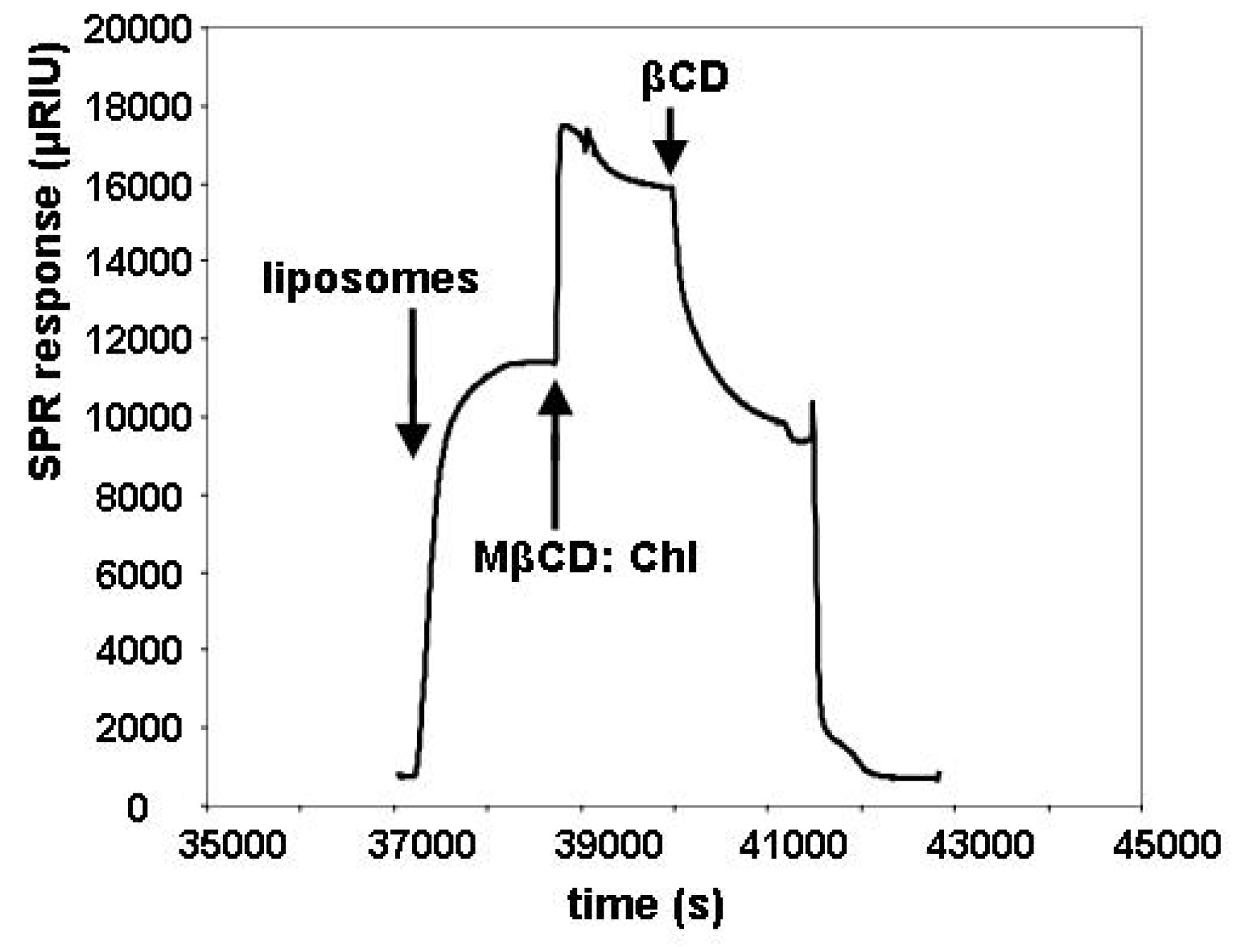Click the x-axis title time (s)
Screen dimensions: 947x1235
coord(645,906)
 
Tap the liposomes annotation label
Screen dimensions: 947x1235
coord(370,278)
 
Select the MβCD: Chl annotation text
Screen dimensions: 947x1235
coord(585,557)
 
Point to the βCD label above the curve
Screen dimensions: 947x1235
coord(685,77)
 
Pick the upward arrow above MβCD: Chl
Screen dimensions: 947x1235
coord(555,455)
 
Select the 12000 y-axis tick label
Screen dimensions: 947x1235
coord(138,340)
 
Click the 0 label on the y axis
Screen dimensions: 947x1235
coord(138,808)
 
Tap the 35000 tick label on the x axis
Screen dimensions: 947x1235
coord(232,845)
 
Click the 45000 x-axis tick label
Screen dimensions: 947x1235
coord(1167,845)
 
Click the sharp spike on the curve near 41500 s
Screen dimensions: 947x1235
coord(812,403)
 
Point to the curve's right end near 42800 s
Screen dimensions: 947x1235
coord(939,776)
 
